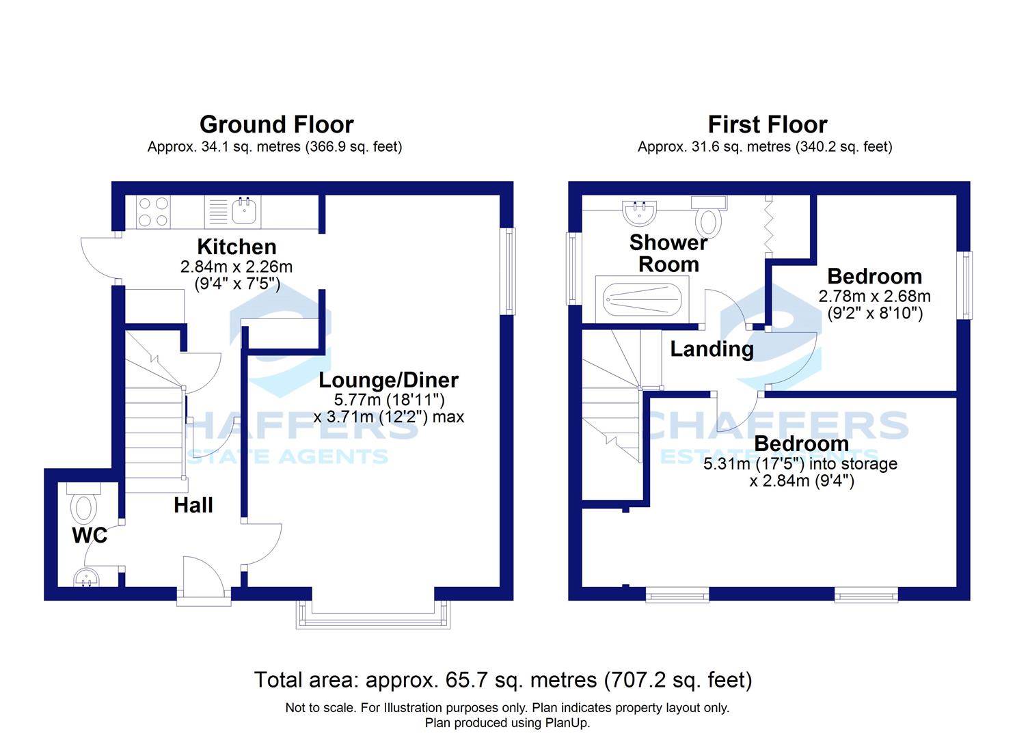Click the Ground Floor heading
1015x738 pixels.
(276, 124)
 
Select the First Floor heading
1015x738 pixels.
(768, 124)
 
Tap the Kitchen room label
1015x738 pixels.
(236, 247)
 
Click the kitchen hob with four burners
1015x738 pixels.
(153, 212)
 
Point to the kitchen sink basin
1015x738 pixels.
(245, 211)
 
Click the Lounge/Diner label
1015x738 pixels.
(388, 380)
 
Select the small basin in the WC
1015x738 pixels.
(86, 577)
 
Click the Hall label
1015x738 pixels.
(193, 505)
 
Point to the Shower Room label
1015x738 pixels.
(668, 254)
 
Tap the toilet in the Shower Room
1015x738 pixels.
(709, 217)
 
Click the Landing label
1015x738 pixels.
(712, 349)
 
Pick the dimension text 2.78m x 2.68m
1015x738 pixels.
(874, 297)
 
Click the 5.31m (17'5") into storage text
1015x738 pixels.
(800, 464)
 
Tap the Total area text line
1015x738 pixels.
(503, 680)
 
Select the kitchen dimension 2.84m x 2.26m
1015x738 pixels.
(236, 266)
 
